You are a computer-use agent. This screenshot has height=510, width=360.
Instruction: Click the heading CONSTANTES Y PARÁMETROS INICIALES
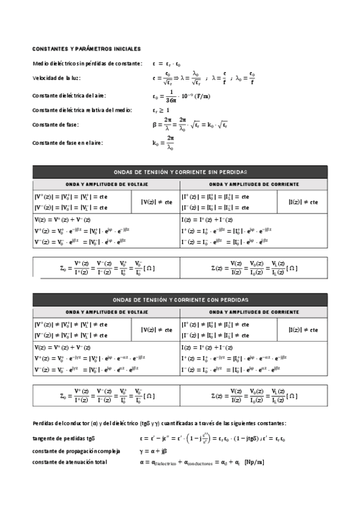point(87,48)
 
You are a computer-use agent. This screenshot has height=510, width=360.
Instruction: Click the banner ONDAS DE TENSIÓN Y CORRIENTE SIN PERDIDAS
point(180,172)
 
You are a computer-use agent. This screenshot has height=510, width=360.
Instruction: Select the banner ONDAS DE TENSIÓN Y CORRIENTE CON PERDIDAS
point(180,300)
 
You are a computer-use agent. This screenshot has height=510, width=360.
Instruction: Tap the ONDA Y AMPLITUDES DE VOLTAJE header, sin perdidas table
point(106,184)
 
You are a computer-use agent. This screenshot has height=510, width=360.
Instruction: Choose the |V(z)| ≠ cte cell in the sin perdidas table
point(156,202)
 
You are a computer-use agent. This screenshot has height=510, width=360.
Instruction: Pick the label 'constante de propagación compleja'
point(76,450)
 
